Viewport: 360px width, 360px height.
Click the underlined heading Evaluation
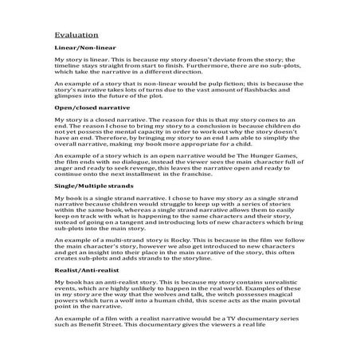pos(76,35)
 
